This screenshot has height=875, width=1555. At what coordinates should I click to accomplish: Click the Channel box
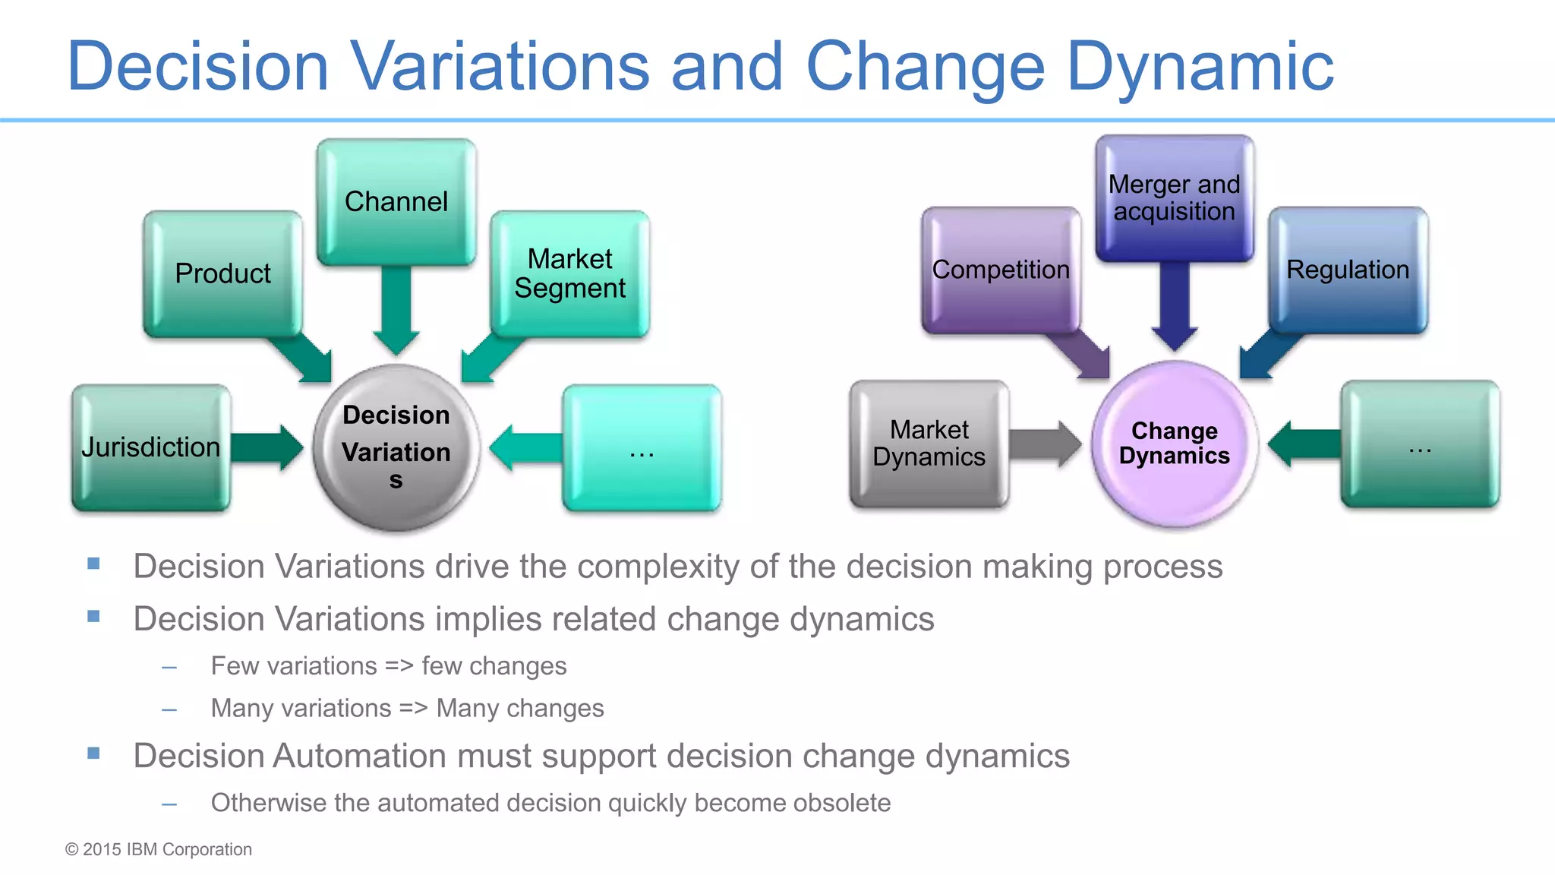click(x=396, y=202)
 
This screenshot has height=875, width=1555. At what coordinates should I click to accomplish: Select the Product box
click(x=222, y=273)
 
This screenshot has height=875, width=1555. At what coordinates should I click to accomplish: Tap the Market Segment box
click(x=569, y=273)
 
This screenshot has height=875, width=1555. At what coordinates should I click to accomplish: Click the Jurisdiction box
click(x=150, y=447)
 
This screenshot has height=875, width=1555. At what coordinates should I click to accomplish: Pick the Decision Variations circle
click(x=396, y=447)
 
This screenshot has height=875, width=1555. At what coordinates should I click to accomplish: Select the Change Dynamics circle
click(x=1174, y=444)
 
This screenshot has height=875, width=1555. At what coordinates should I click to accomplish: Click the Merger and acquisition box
click(x=1174, y=197)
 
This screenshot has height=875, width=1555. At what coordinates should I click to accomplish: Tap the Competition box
click(x=1000, y=270)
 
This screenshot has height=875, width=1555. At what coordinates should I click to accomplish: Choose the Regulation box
click(x=1348, y=270)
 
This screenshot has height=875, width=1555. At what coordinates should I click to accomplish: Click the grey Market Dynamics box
click(x=929, y=444)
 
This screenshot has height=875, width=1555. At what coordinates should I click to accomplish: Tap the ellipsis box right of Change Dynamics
click(x=1420, y=444)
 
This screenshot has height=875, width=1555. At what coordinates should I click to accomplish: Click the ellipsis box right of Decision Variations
click(x=642, y=447)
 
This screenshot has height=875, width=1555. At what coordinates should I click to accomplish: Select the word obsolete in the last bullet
click(x=841, y=803)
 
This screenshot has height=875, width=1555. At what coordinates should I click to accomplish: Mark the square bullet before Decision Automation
click(x=93, y=753)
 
